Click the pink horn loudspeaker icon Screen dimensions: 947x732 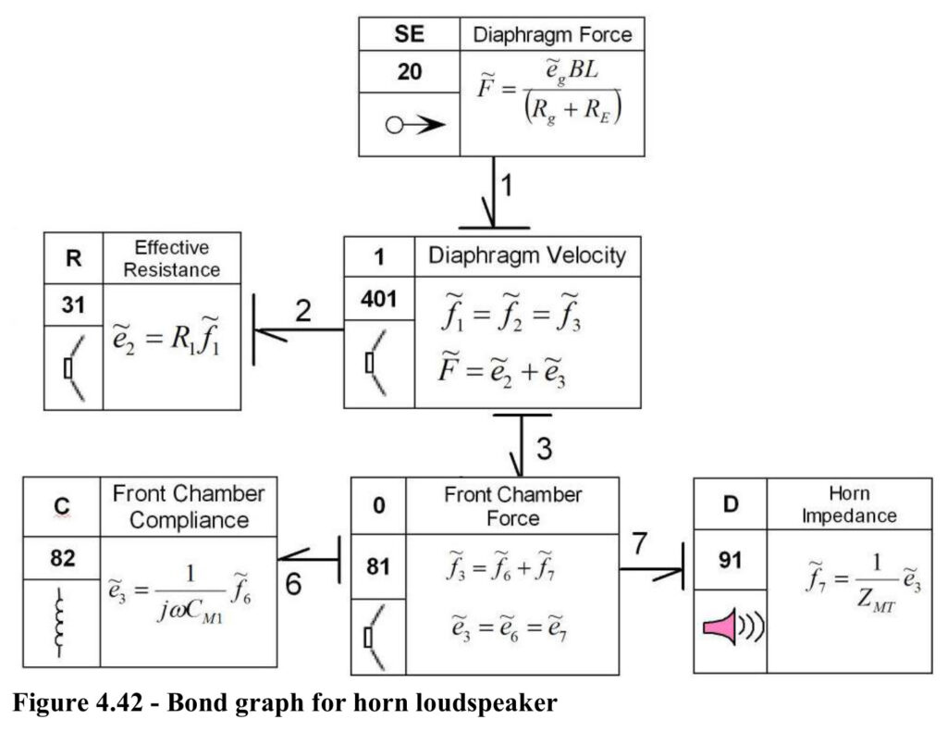(x=732, y=626)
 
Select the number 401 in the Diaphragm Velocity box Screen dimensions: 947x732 (x=378, y=299)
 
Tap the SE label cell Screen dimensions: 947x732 (x=409, y=34)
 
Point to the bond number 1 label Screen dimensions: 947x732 (x=507, y=185)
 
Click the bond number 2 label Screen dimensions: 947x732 (x=303, y=310)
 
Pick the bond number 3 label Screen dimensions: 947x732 (x=544, y=449)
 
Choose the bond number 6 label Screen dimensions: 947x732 (x=293, y=583)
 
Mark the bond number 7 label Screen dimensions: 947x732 (x=640, y=543)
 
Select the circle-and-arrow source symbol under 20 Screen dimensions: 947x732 (x=415, y=125)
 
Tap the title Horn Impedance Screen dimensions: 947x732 (x=849, y=504)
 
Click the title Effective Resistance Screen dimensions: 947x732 (x=171, y=258)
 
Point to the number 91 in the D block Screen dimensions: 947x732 (x=731, y=560)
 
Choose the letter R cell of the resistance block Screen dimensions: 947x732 (x=73, y=258)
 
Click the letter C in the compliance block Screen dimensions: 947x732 (x=62, y=506)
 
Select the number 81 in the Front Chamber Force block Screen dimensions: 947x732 (x=378, y=566)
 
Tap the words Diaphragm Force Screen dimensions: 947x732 (x=552, y=34)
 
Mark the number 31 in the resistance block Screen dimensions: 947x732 (x=73, y=304)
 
